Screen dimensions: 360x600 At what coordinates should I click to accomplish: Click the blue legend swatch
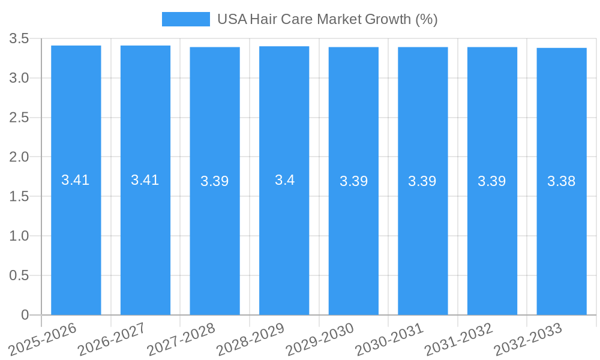pyautogui.click(x=185, y=19)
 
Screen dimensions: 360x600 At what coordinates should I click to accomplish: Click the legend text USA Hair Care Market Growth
pyautogui.click(x=327, y=19)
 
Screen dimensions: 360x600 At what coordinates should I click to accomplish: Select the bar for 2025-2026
pyautogui.click(x=76, y=240)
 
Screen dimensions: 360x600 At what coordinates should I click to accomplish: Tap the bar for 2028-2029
pyautogui.click(x=284, y=240)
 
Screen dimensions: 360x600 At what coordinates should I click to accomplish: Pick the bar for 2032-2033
pyautogui.click(x=562, y=240)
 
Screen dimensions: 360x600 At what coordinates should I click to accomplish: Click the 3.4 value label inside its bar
pyautogui.click(x=284, y=180)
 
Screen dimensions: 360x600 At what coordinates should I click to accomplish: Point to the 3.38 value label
pyautogui.click(x=562, y=181)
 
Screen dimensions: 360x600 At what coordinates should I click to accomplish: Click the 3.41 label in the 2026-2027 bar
pyautogui.click(x=145, y=180)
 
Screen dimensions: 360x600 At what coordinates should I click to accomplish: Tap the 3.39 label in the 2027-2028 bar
pyautogui.click(x=215, y=181)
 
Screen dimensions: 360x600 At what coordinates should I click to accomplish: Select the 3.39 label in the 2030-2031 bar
pyautogui.click(x=422, y=181)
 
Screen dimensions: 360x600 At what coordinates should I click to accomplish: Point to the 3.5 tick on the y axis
pyautogui.click(x=19, y=39)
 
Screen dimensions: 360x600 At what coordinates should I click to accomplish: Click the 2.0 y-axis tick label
pyautogui.click(x=19, y=157)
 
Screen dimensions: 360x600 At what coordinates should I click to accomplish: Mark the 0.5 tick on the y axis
pyautogui.click(x=19, y=275)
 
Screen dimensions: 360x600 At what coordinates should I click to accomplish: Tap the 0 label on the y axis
pyautogui.click(x=25, y=315)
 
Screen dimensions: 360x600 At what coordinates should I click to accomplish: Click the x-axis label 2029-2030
pyautogui.click(x=320, y=339)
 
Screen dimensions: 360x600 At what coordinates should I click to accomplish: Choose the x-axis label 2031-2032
pyautogui.click(x=459, y=339)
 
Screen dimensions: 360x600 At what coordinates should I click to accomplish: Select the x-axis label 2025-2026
pyautogui.click(x=43, y=339)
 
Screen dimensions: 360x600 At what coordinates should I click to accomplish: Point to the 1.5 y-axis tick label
pyautogui.click(x=19, y=197)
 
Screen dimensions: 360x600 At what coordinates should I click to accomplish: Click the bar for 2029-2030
pyautogui.click(x=353, y=240)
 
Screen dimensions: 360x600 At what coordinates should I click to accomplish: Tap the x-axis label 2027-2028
pyautogui.click(x=182, y=339)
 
